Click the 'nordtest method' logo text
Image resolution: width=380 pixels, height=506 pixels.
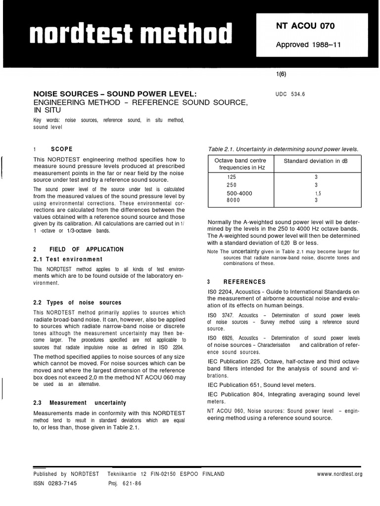[x=131, y=34]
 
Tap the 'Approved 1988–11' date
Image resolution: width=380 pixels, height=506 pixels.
[x=308, y=45]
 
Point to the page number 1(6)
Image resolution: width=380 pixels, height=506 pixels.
[x=281, y=75]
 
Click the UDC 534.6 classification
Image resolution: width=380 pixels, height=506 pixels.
[x=290, y=93]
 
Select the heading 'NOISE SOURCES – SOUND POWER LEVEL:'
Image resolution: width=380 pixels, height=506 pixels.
[x=115, y=93]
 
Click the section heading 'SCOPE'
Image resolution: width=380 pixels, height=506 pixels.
[x=61, y=149]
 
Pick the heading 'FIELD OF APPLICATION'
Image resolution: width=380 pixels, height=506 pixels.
[x=86, y=250]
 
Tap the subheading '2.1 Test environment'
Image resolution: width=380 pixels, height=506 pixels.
[x=68, y=259]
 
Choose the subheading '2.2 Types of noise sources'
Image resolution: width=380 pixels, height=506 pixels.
[x=77, y=302]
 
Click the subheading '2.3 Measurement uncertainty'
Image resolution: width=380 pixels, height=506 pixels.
[x=80, y=403]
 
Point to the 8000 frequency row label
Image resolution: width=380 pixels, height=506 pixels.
[x=233, y=200]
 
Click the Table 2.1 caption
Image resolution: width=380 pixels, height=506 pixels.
[x=283, y=149]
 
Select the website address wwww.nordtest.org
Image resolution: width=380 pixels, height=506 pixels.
[x=339, y=474]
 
